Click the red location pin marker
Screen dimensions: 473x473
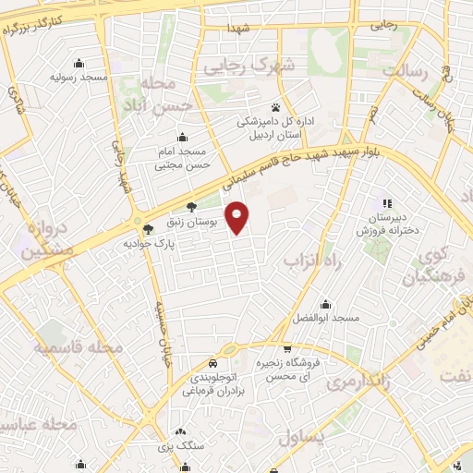[x=238, y=216]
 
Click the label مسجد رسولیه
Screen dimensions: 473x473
[x=82, y=78]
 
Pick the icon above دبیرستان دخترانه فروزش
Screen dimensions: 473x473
[x=388, y=203]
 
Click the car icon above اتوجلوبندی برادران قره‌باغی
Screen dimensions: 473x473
[x=213, y=362]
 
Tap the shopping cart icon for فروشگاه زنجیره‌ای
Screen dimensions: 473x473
[x=288, y=349]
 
